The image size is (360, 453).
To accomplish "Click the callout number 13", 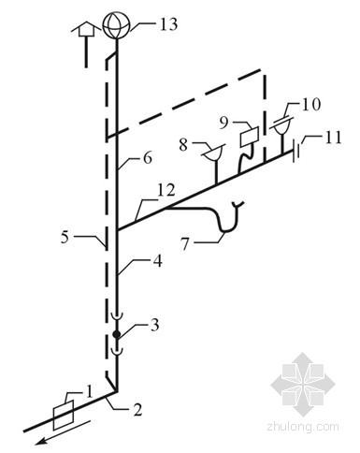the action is coord(168,24).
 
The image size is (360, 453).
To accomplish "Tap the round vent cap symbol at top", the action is coord(116,25).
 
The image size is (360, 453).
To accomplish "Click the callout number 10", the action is coord(310,104).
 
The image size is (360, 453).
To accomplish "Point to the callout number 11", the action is coord(332,138).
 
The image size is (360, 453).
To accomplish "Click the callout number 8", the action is coord(183,145).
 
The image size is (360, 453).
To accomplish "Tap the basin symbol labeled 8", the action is coord(213,153).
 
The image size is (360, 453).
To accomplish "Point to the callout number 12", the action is coord(166,191).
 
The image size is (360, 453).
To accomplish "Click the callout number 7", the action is coord(185,243).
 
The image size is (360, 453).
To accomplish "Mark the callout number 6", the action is coord(148,157).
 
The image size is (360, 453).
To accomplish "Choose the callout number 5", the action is coord(65,238).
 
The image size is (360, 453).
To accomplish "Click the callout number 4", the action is coord(158,261).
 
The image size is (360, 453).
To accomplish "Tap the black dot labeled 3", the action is coord(117,335).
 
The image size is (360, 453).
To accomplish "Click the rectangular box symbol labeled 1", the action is coord(64,415).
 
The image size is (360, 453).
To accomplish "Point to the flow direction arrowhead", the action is coord(42,441).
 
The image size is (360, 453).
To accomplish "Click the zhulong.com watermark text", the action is coord(303,426).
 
